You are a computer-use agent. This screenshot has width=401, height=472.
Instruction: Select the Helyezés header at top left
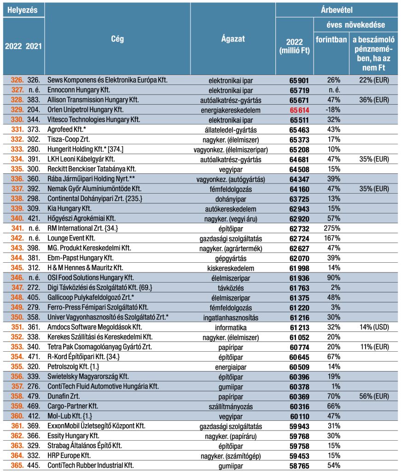point(23,9)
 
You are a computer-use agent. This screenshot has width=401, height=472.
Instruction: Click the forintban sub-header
point(331,39)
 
